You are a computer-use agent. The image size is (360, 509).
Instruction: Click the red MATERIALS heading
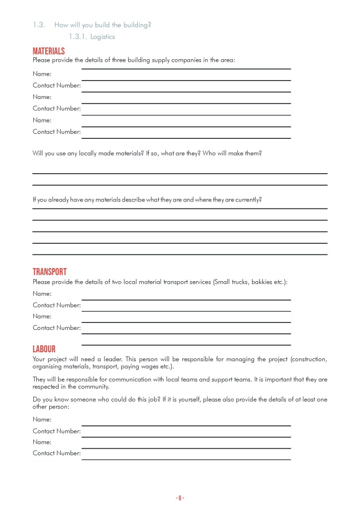49,52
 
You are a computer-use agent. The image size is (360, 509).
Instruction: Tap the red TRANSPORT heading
49,272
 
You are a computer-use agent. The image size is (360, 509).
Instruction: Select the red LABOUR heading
44,349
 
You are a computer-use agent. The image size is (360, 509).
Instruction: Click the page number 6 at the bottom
180,498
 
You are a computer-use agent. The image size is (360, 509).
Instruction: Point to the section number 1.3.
39,25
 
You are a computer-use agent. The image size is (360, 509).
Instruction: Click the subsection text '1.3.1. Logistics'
92,37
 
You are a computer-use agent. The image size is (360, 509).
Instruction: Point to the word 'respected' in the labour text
46,387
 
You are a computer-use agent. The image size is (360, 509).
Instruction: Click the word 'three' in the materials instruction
119,60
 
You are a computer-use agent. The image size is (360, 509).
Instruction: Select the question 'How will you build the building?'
102,25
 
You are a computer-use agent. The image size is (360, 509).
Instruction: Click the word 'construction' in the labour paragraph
310,359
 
